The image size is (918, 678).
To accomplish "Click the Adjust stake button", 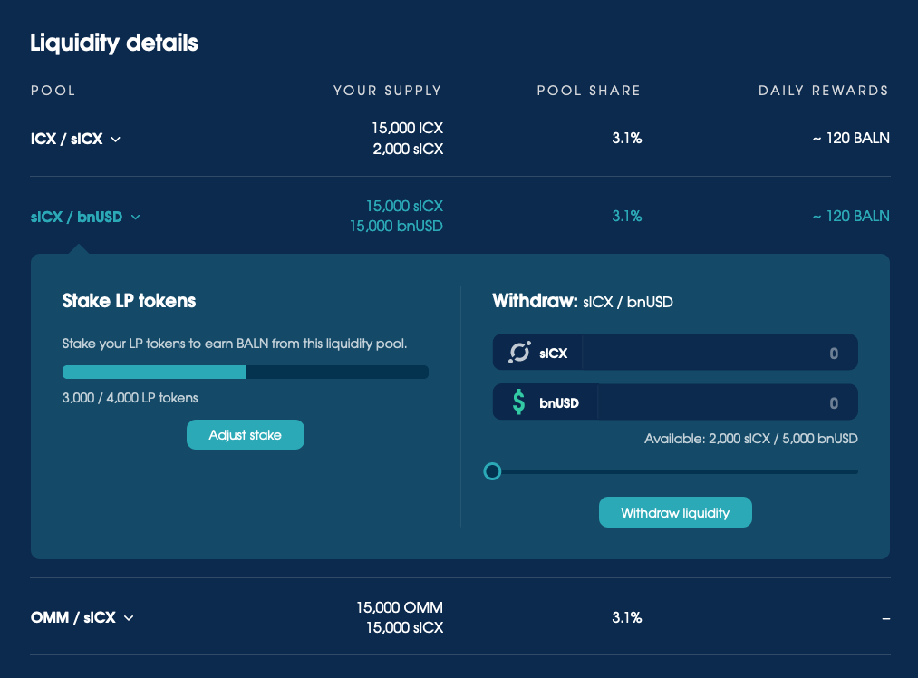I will tap(246, 435).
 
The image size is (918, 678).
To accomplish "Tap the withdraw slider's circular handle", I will tap(492, 471).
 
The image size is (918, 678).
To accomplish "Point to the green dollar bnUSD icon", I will tap(518, 402).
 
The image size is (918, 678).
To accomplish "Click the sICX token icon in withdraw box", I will tap(519, 354).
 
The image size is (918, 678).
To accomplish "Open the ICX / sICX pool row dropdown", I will tap(116, 140).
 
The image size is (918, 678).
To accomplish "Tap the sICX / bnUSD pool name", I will tap(76, 217).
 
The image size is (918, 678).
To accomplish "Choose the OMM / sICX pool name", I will tap(73, 617).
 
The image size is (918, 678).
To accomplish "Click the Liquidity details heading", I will tap(114, 43).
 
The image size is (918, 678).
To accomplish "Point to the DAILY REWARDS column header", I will tap(823, 91).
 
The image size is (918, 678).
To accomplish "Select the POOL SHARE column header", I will tap(588, 91).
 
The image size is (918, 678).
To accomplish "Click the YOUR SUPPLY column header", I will tap(387, 91).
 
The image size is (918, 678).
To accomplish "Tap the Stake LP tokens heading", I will tap(129, 301).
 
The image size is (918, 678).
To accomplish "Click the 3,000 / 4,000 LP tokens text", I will tap(130, 398).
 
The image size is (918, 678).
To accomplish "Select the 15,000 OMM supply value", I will tap(400, 607).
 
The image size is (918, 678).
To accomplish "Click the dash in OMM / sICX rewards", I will tap(885, 618).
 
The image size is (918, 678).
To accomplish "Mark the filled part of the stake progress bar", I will tap(153, 372).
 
